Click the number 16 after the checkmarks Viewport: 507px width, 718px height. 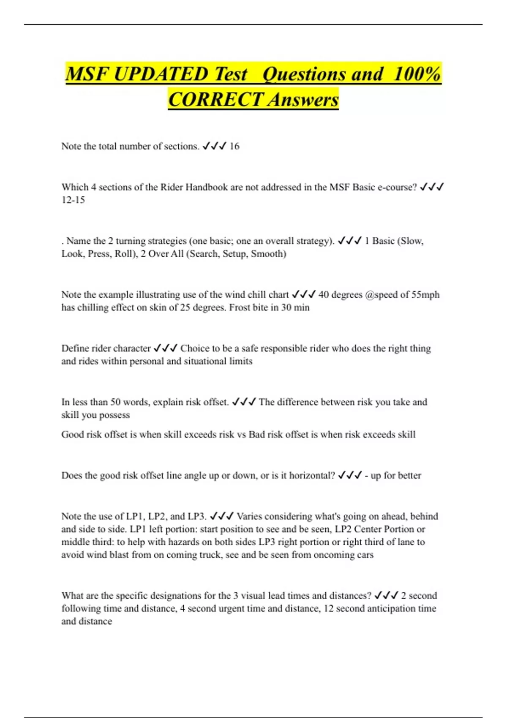[x=234, y=146]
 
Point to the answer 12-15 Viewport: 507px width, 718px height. [x=73, y=200]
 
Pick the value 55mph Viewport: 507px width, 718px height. [x=425, y=294]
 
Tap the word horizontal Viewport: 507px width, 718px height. [x=312, y=476]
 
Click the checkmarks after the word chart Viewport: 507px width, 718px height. [x=303, y=294]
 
